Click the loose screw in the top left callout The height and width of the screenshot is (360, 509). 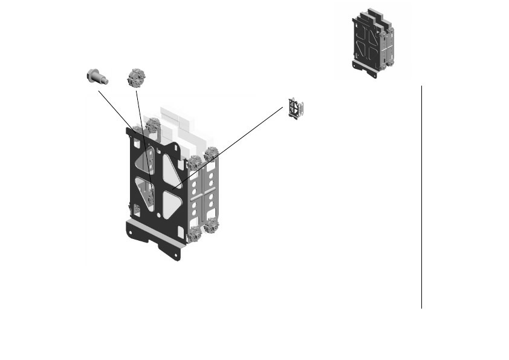96,76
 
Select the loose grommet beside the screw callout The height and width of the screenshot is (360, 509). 137,79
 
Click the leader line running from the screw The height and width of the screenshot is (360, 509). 121,115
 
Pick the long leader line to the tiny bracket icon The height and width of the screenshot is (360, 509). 230,148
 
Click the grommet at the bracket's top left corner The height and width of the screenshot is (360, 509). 152,126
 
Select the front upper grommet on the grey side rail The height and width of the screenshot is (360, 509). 195,163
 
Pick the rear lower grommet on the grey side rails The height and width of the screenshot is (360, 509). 212,226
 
